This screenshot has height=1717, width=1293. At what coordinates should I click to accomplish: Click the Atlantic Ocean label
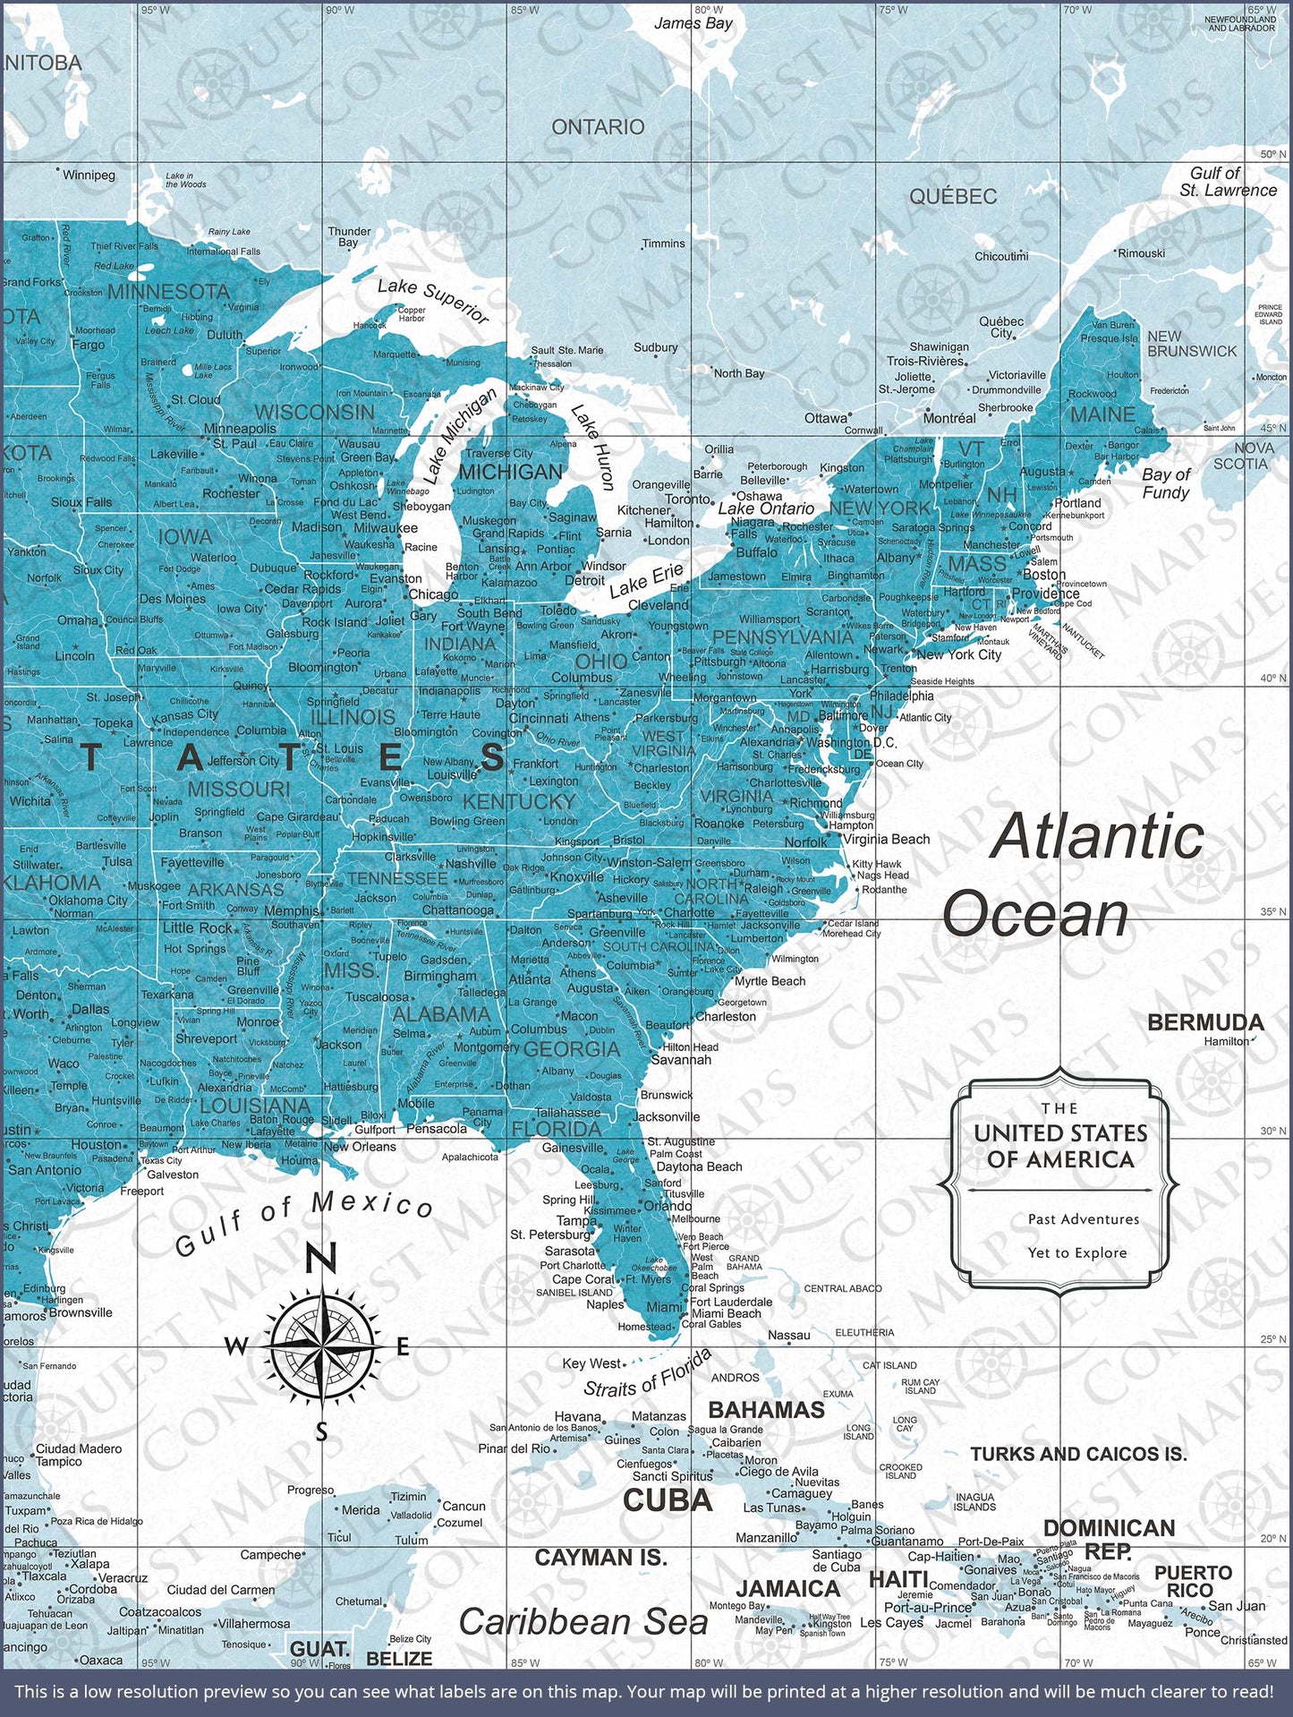[1074, 876]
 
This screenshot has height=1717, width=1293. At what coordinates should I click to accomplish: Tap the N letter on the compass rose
[321, 1257]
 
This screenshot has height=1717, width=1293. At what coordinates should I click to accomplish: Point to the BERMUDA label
[1204, 1022]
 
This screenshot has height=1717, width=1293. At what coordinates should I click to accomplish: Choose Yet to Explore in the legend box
[1076, 1252]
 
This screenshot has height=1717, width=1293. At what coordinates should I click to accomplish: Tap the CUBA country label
[668, 1500]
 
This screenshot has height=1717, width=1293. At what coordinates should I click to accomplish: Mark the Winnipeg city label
[89, 175]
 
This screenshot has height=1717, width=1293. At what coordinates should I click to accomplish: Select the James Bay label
[693, 23]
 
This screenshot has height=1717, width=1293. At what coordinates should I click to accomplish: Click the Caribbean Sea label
[583, 1622]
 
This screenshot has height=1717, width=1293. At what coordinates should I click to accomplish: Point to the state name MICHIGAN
[511, 472]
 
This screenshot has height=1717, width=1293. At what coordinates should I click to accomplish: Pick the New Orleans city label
[360, 1147]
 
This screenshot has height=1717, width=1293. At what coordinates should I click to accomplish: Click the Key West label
[591, 1363]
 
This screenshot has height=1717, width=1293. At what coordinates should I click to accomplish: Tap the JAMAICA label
[787, 1588]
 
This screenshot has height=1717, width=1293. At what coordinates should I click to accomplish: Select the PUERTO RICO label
[1193, 1582]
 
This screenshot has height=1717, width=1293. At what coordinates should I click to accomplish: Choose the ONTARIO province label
[598, 127]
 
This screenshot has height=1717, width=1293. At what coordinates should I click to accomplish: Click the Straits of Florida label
[648, 1374]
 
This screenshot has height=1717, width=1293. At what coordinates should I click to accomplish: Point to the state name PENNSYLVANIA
[783, 636]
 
